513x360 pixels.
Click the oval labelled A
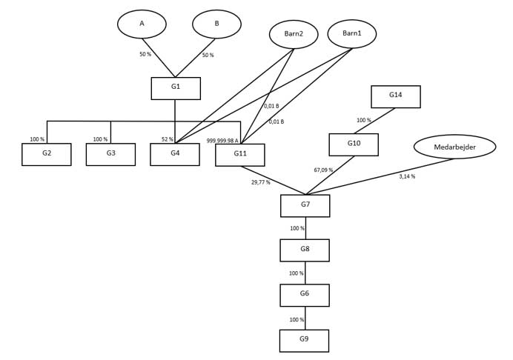pos(142,24)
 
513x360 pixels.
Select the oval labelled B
pos(216,24)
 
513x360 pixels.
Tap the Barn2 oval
pos(294,34)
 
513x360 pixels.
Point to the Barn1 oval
pos(351,33)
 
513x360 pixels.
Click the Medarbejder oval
pos(454,147)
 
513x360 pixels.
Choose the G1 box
pos(176,88)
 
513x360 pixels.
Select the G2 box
pos(47,154)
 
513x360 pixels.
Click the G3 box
pos(110,154)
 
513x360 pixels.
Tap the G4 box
pos(175,154)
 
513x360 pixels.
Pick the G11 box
pos(239,155)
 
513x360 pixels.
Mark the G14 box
pos(395,96)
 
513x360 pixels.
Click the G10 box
pos(354,144)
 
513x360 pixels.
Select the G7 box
pos(305,205)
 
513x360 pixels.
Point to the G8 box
pos(305,250)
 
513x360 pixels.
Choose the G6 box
pos(305,295)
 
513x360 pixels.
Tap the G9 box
pos(304,341)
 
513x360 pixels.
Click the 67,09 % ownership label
pos(323,170)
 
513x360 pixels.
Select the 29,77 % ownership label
pos(261,182)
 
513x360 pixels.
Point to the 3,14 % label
pos(407,176)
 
